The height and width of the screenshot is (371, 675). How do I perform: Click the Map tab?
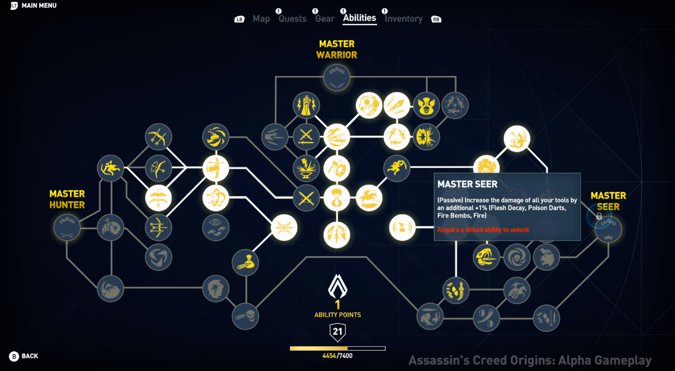(x=261, y=19)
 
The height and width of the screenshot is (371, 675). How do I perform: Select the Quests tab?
(x=292, y=19)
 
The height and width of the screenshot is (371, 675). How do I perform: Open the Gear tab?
(x=325, y=19)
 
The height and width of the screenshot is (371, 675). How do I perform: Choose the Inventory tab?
(x=403, y=19)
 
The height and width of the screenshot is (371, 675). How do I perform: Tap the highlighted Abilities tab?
(x=359, y=18)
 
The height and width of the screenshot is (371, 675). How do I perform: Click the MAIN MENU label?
(x=39, y=6)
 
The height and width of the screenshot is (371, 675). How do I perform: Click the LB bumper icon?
(x=239, y=19)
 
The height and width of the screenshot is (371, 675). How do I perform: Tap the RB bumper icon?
(x=436, y=19)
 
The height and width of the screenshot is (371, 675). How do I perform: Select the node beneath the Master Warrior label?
(x=337, y=78)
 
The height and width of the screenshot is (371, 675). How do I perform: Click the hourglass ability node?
(x=337, y=198)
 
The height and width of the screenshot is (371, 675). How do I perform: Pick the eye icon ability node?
(x=216, y=228)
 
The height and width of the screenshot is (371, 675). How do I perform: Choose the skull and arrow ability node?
(x=245, y=316)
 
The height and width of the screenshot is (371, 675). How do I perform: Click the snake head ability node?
(x=486, y=257)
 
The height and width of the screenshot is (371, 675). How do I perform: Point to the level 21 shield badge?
(x=337, y=332)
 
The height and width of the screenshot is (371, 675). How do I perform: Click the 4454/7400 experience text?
(x=337, y=356)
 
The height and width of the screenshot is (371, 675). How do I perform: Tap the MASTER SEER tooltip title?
(x=467, y=184)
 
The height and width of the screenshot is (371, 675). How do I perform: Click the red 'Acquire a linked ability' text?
(x=483, y=230)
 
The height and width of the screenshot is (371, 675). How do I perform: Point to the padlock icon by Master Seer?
(x=599, y=216)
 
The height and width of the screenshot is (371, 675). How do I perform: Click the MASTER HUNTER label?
(x=67, y=199)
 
